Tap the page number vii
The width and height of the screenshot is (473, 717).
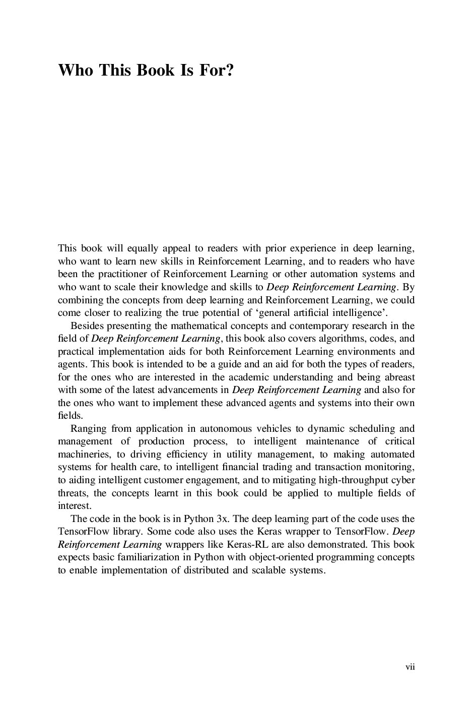point(410,667)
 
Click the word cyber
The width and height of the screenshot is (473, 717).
point(403,480)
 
